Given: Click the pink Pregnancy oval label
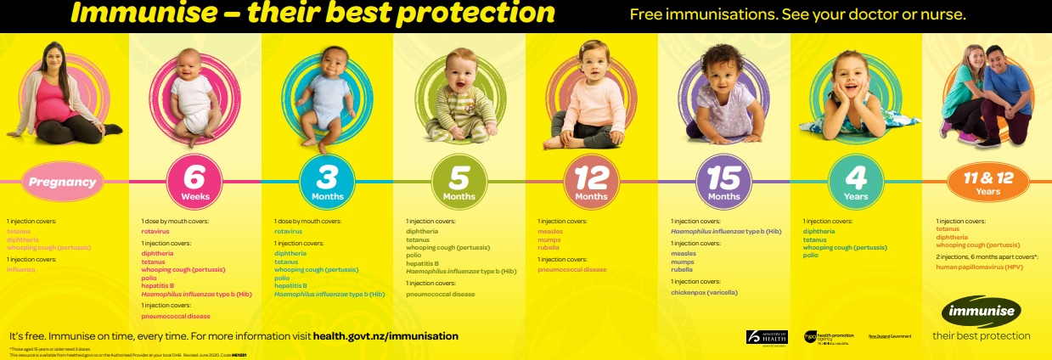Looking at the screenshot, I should pos(64,182).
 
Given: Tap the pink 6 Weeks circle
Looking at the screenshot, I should pos(194,182).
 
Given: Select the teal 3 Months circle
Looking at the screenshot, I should pos(326,182).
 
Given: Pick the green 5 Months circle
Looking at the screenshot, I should pos(458,182).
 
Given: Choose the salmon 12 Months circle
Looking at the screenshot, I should pos(591,182).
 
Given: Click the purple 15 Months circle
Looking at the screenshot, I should pos(723,182).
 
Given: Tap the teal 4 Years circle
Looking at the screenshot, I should pos(856,182).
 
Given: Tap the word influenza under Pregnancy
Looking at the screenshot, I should pos(22,269).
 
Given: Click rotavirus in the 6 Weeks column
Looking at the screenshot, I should pos(156,231).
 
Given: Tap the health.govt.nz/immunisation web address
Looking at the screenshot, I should pos(385,336).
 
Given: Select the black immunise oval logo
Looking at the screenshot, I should pos(982,310).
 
